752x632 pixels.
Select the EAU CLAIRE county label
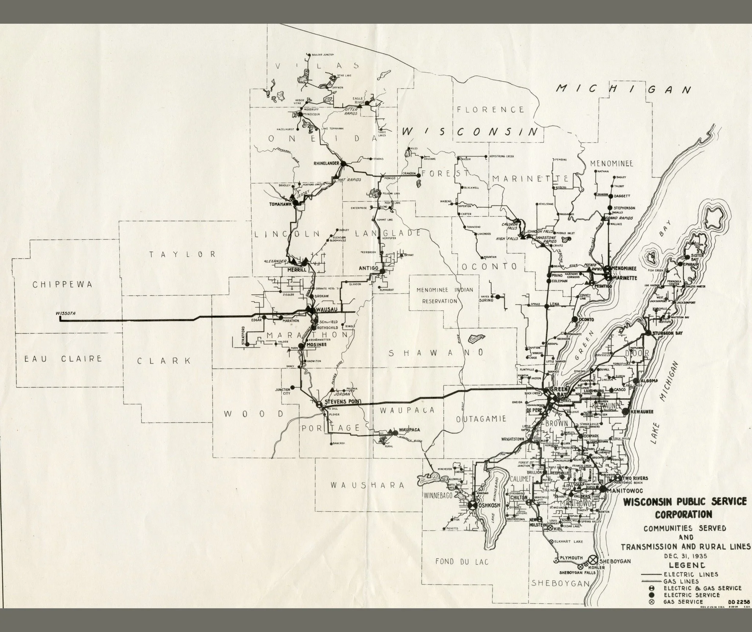[x=63, y=358]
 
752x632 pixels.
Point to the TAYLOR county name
[x=182, y=254]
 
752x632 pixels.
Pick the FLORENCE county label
[x=491, y=109]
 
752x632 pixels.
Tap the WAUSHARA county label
[x=367, y=485]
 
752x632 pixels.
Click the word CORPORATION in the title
[x=683, y=514]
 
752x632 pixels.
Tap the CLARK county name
[x=164, y=361]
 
